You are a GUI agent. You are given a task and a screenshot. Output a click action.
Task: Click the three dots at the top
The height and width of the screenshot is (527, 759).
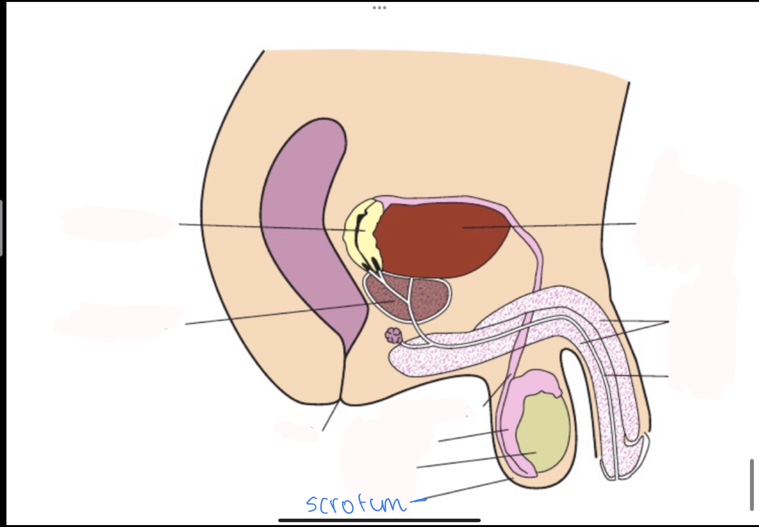[x=379, y=8]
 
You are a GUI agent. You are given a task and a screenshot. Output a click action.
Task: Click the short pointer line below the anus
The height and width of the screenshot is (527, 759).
[x=330, y=416]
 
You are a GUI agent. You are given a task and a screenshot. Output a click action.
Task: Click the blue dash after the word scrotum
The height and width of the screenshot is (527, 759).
[x=418, y=501]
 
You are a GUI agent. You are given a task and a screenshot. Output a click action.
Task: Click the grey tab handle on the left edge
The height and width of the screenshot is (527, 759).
[x=1, y=228]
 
